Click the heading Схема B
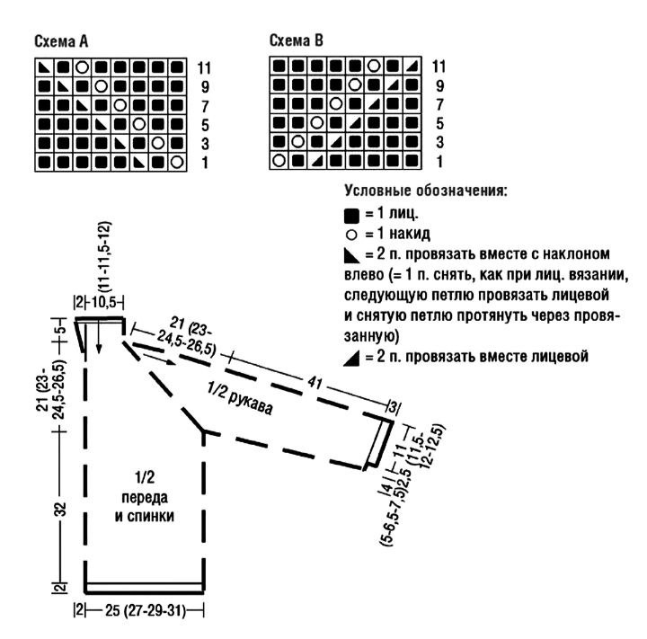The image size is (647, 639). [x=297, y=41]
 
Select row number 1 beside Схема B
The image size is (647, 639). [x=439, y=162]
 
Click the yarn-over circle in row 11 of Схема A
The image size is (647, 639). [x=82, y=67]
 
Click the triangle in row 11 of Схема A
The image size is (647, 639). [x=44, y=67]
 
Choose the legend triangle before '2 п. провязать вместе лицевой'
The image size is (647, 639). [x=350, y=356]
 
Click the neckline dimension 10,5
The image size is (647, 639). [x=104, y=302]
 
